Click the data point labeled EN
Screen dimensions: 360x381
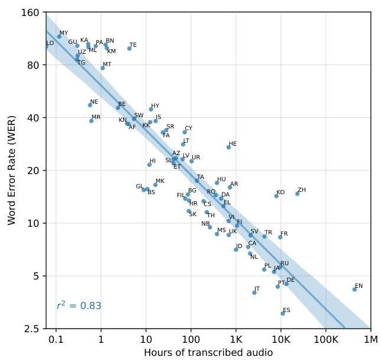point(354,289)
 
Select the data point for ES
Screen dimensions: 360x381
point(283,313)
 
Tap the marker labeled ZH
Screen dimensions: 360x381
point(298,194)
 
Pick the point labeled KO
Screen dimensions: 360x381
point(276,195)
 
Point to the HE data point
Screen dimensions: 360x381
point(228,147)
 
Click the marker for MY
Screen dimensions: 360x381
point(59,37)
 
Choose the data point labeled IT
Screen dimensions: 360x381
point(254,292)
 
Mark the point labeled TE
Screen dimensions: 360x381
point(129,49)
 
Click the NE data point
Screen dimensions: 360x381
point(90,105)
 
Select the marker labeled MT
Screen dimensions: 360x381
point(102,68)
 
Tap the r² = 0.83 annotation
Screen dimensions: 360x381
point(79,306)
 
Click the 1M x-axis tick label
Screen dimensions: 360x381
point(370,339)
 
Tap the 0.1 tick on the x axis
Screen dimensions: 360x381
point(56,339)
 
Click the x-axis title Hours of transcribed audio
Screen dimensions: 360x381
point(208,353)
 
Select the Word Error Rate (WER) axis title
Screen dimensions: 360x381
point(12,170)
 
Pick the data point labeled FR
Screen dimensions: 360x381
point(280,237)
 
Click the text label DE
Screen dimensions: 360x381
point(290,280)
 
